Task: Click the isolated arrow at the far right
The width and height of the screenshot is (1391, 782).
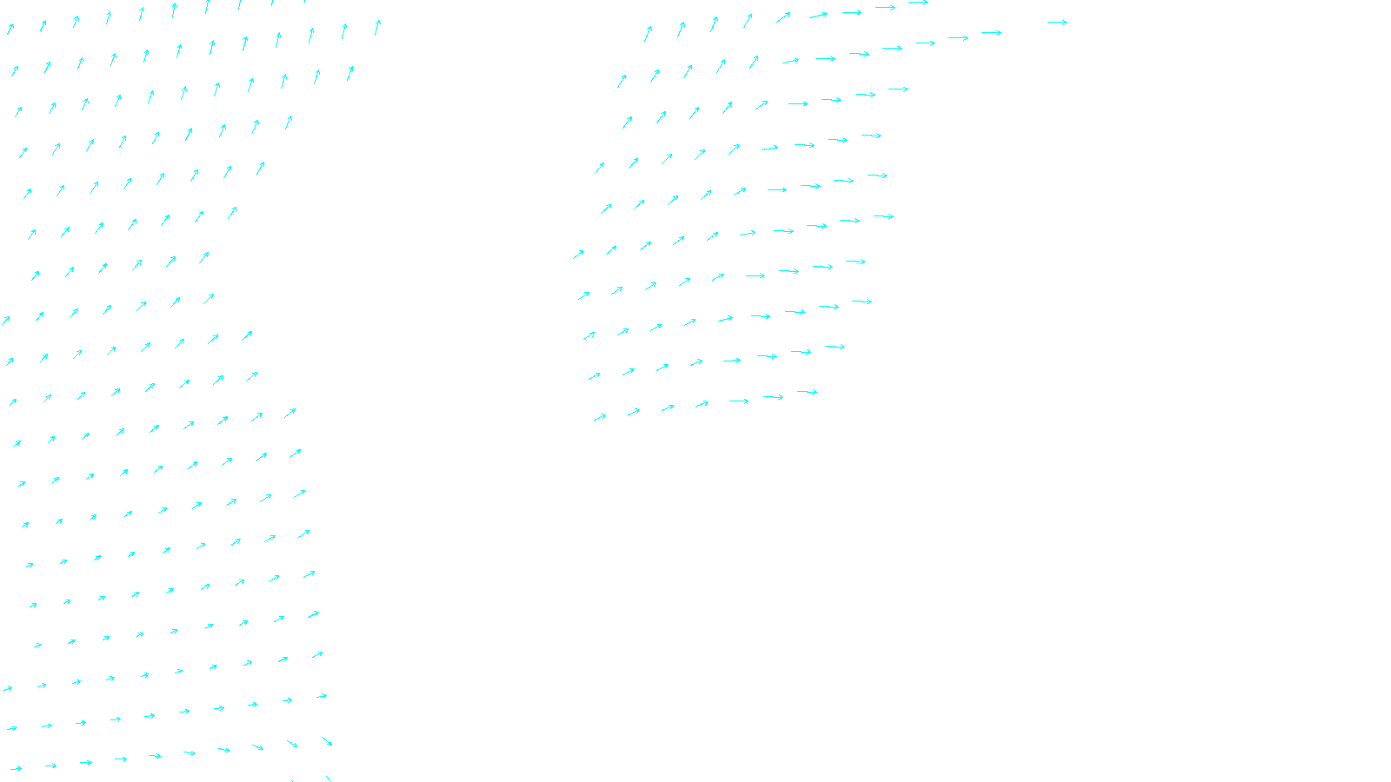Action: point(1057,23)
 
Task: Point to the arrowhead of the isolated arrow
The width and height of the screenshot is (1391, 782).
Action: point(1065,23)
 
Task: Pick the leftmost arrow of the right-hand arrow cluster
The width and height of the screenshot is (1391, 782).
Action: point(578,255)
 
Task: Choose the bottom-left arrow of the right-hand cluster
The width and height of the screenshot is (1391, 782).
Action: point(600,417)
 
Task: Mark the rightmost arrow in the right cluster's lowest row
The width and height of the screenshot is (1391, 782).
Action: point(807,392)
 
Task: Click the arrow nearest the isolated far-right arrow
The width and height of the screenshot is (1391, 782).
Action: point(991,33)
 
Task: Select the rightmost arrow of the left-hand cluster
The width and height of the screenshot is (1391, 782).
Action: point(377,28)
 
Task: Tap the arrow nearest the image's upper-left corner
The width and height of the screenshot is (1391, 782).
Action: point(10,29)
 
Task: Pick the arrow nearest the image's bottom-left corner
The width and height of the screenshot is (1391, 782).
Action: point(15,768)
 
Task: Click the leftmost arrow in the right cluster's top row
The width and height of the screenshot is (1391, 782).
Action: point(648,34)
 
